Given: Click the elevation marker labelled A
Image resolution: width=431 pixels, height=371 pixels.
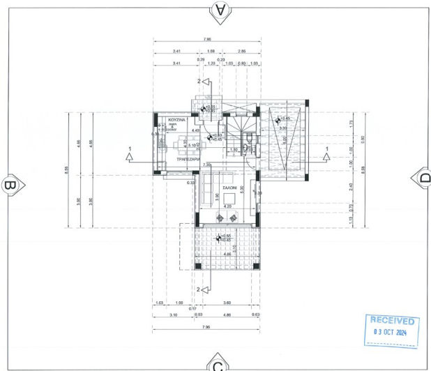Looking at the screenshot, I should point(221,9).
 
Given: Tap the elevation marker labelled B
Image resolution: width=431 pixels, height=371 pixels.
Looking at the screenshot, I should point(10,186).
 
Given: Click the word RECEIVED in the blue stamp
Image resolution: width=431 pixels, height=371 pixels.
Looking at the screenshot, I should point(393,321).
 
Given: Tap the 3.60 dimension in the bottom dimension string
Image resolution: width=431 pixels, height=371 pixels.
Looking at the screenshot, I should point(227,303).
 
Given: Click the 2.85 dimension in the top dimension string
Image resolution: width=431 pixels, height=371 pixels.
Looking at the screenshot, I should point(242,52).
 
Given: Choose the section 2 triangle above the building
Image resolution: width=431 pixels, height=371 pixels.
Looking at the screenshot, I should point(207,82).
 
